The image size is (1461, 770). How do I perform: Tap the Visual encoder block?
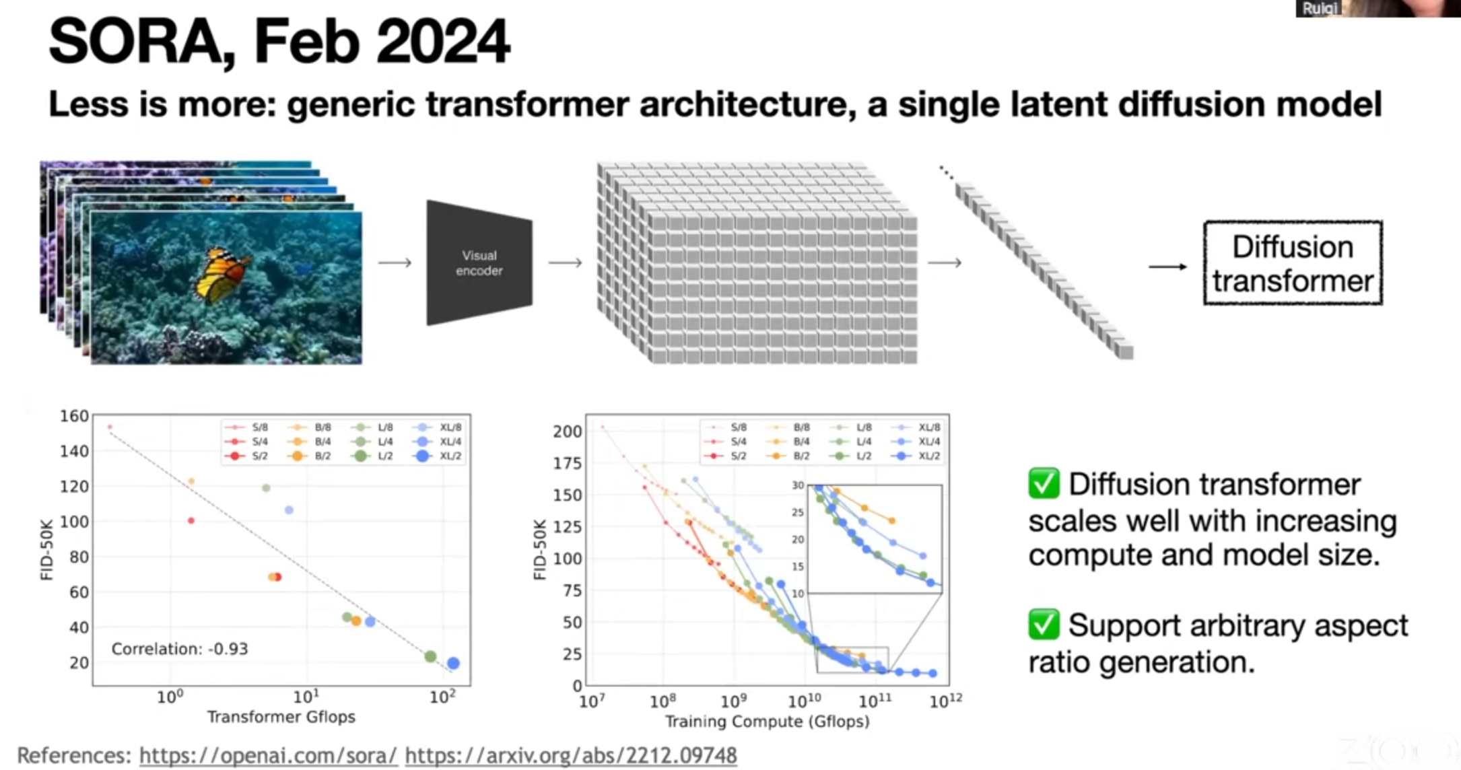(x=479, y=263)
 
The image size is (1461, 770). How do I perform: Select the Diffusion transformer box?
(x=1293, y=263)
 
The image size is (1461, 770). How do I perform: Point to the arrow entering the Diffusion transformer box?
(x=1167, y=267)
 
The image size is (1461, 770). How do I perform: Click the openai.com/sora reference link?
(x=268, y=755)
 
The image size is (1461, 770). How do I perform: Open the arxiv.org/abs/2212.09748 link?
(x=571, y=755)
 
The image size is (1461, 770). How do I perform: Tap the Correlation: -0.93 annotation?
(x=180, y=649)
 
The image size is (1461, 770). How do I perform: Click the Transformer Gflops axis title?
(x=281, y=717)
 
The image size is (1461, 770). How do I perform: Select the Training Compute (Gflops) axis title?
(x=768, y=722)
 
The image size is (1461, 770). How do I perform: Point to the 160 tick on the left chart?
(x=74, y=416)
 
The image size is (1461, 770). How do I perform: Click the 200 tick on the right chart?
(x=567, y=431)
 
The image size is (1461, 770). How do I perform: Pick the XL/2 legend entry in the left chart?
(x=438, y=456)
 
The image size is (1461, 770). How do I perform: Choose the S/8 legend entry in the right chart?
(x=730, y=427)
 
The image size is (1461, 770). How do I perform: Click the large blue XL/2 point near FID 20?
(x=454, y=663)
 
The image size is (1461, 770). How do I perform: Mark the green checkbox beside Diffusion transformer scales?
(x=1044, y=483)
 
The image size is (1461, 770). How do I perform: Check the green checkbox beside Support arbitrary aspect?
(x=1044, y=624)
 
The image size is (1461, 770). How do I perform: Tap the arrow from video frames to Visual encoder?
(x=395, y=262)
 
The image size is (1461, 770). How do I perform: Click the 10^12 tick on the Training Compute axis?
(x=946, y=701)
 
